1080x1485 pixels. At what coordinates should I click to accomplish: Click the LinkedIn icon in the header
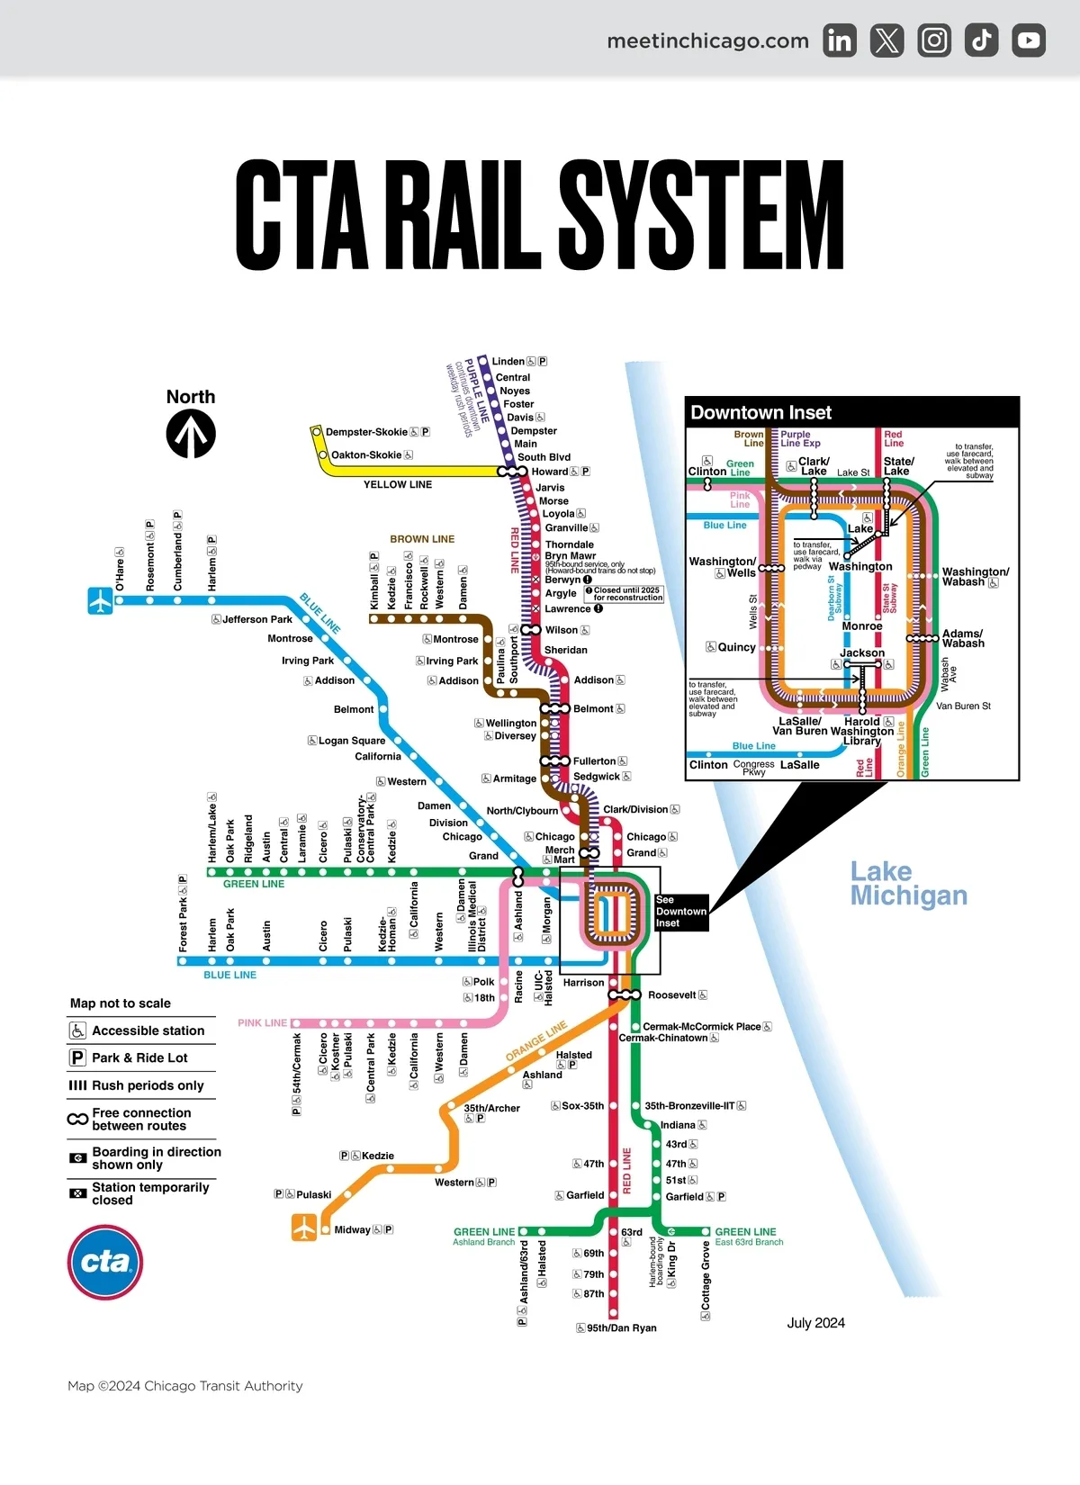coord(840,40)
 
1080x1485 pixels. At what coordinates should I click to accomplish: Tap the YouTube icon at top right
coord(1029,40)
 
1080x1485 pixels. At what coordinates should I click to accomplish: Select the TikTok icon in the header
coord(981,40)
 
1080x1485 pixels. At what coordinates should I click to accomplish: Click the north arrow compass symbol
coord(191,433)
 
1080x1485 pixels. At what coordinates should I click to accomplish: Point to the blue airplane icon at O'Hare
coord(100,600)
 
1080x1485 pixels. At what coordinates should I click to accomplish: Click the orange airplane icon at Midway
coord(304,1228)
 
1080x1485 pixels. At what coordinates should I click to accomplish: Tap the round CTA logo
coord(105,1262)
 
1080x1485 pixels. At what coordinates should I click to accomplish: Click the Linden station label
coord(508,362)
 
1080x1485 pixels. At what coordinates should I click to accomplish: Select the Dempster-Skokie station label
coord(366,432)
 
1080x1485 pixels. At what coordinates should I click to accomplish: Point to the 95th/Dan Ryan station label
coord(621,1327)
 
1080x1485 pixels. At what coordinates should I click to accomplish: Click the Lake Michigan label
coord(908,883)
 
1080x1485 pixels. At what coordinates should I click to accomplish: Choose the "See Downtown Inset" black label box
coord(680,912)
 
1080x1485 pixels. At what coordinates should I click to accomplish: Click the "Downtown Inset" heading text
coord(760,413)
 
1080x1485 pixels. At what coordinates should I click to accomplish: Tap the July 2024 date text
coord(815,1323)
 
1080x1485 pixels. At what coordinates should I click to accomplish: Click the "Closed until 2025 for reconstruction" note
coord(626,594)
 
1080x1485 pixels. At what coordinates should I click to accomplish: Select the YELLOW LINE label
coord(398,484)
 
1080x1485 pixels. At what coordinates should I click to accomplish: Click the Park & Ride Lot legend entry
coord(139,1057)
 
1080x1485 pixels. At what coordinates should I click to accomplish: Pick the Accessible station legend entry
coord(148,1030)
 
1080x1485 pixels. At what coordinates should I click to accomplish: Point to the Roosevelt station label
coord(671,995)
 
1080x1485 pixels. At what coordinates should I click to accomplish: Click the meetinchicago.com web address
coord(707,40)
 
